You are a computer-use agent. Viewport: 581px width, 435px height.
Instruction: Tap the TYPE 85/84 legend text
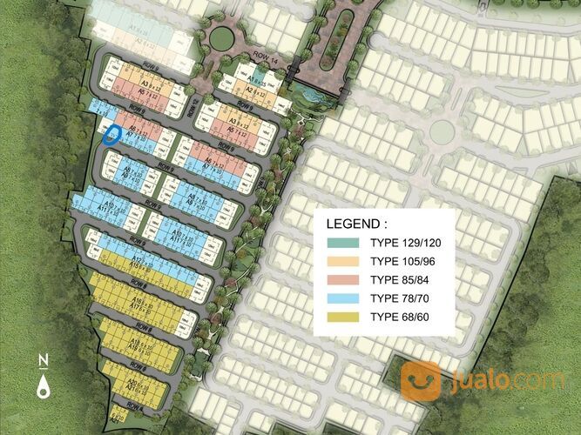(x=398, y=279)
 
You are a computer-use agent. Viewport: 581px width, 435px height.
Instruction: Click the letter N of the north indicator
(x=42, y=361)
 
